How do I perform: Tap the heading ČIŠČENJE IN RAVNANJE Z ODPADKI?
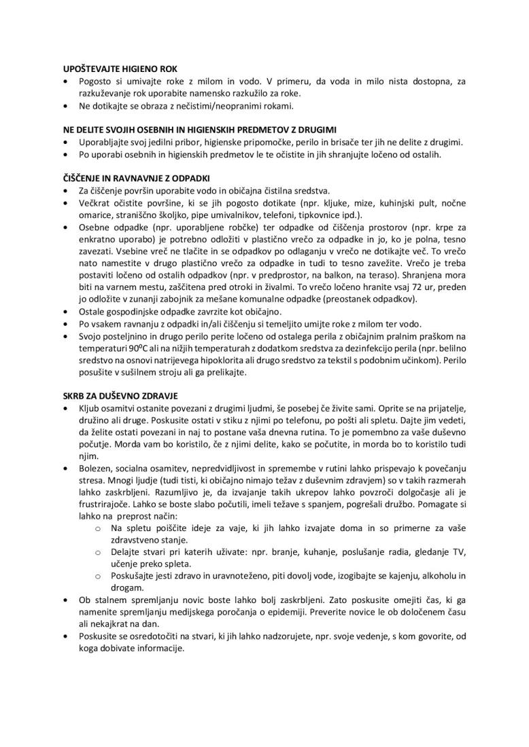coord(132,179)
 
